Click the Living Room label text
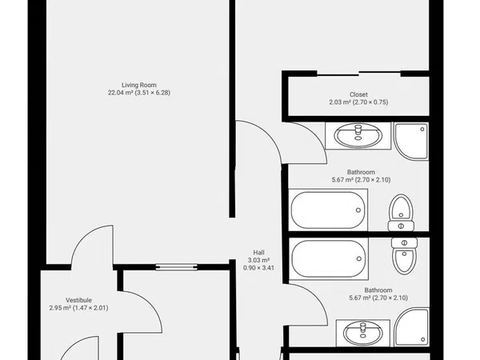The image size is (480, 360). [139, 85]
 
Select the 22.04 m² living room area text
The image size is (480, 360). [139, 93]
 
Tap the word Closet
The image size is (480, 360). [358, 94]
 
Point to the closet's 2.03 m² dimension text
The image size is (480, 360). [358, 102]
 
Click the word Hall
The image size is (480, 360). [258, 253]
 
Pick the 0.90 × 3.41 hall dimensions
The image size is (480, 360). [258, 268]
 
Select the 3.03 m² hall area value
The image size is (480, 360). [258, 260]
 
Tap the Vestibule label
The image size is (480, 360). [78, 300]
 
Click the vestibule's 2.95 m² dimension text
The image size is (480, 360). [78, 308]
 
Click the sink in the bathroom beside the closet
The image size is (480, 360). [358, 136]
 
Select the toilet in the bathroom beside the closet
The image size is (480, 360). [401, 213]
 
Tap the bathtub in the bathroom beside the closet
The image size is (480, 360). [328, 210]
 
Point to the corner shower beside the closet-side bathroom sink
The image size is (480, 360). [411, 141]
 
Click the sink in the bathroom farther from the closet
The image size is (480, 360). [362, 333]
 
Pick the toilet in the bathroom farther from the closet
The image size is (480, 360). [404, 256]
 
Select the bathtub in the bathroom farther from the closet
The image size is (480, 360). [329, 258]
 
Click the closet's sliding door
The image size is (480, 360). [358, 74]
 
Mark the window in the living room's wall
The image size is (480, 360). [176, 267]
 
